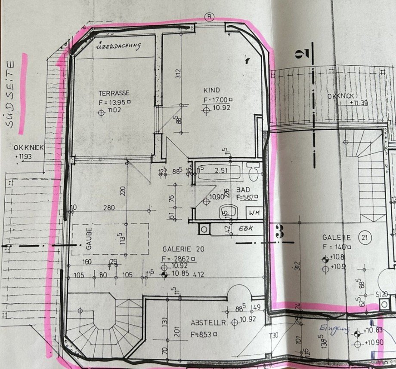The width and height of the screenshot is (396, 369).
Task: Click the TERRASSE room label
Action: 114,93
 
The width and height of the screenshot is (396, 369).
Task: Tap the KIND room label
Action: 213,90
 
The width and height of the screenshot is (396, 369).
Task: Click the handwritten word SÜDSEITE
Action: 11,94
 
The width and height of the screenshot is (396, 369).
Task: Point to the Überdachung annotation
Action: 118,45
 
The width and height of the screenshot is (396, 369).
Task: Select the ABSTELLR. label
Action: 207,322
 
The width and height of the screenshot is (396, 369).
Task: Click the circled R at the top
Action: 209,17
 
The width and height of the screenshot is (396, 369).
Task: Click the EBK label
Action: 245,228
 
